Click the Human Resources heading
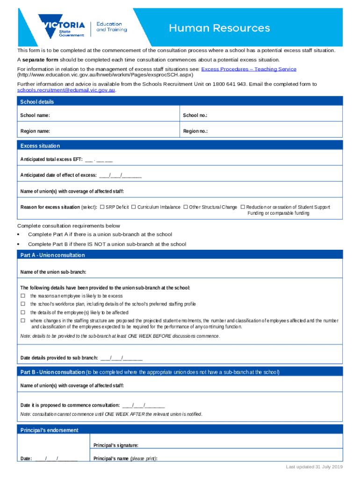219,28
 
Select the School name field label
35,116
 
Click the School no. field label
195,116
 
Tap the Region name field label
35,131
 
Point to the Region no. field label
195,131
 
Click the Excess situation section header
40,146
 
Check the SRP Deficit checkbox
102,207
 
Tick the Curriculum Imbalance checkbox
134,207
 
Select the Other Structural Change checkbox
186,207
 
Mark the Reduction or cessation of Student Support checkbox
243,207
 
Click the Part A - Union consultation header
53,255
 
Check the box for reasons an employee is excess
22,296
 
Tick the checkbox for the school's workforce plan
22,304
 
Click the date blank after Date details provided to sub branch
121,358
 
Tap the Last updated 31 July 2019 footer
315,467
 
